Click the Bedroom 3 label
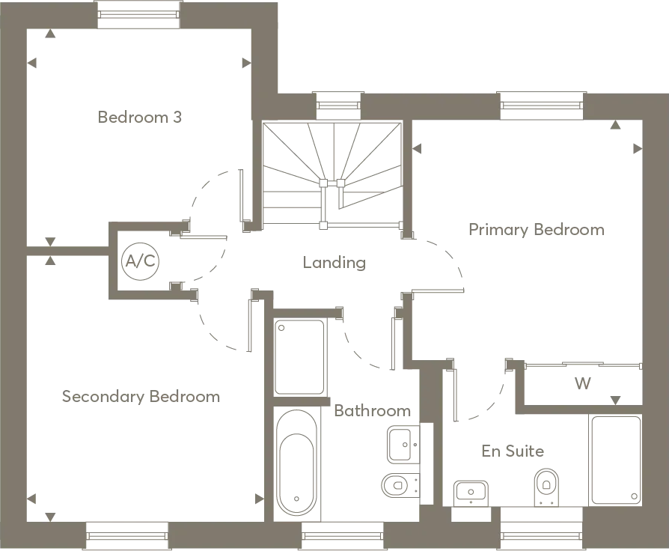(139, 117)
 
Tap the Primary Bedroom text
(537, 230)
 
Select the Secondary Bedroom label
(141, 397)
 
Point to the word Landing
(334, 263)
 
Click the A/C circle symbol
(141, 261)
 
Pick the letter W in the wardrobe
(582, 383)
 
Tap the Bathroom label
(373, 410)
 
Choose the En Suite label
(513, 451)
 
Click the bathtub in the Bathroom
(296, 462)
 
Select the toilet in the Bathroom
(400, 485)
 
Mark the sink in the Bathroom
(403, 444)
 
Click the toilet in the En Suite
(546, 487)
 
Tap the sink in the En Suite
(471, 493)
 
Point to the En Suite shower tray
(615, 460)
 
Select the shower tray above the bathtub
(299, 357)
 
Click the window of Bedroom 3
(138, 14)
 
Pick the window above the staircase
(338, 106)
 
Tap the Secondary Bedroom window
(126, 535)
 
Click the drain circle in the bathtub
(296, 499)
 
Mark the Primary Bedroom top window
(542, 106)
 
